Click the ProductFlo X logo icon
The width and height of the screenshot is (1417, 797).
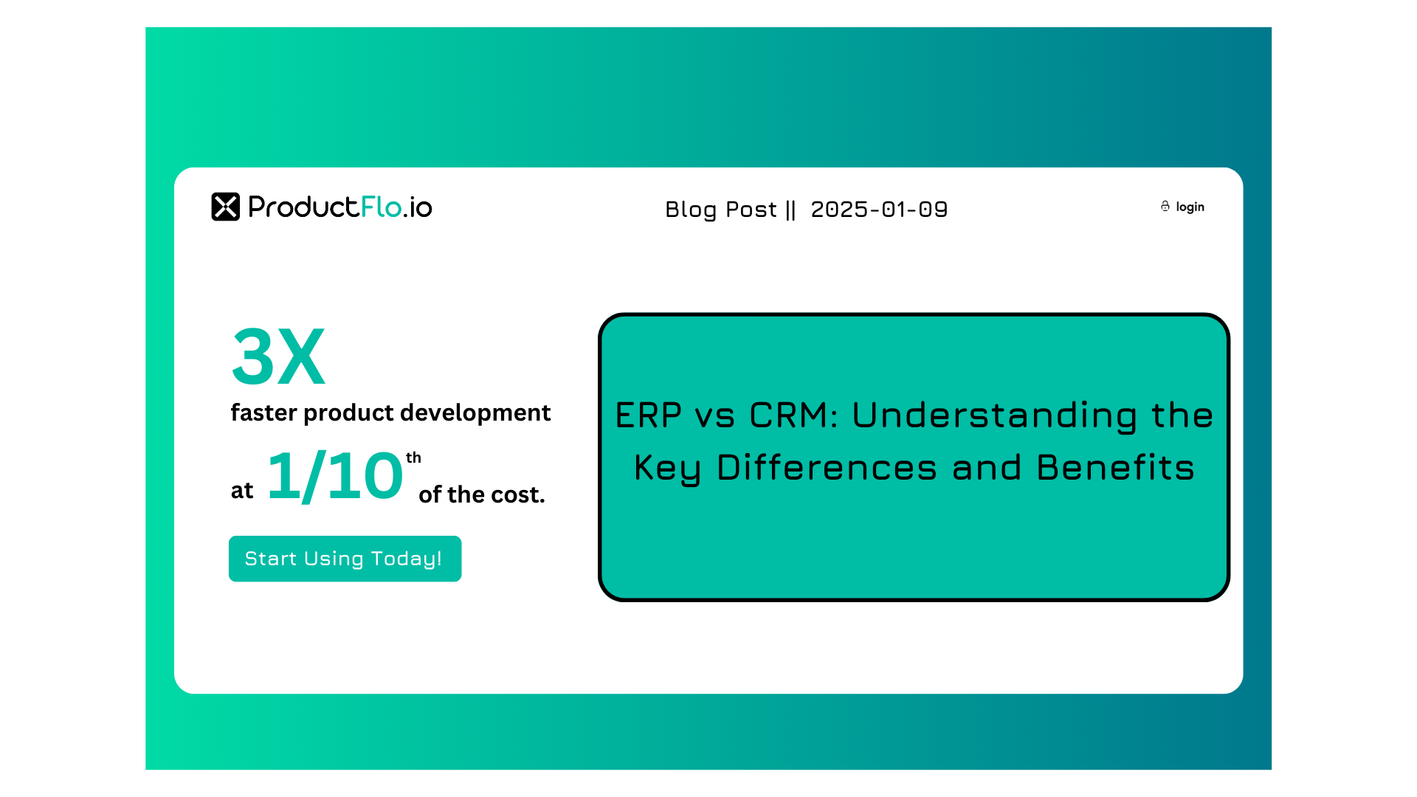226,207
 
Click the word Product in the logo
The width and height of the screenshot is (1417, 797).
303,207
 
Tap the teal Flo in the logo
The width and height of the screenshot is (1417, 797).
381,207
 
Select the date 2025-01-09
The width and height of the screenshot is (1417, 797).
879,210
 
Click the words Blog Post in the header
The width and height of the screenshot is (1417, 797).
721,210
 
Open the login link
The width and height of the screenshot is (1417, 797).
1190,207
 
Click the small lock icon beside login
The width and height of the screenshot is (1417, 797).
1165,206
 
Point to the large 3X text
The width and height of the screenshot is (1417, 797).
278,357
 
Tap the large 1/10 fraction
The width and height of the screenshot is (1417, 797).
335,477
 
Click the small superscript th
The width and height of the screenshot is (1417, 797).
413,458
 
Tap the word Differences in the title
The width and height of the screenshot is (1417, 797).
827,468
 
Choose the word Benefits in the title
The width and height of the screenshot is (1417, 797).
1115,468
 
